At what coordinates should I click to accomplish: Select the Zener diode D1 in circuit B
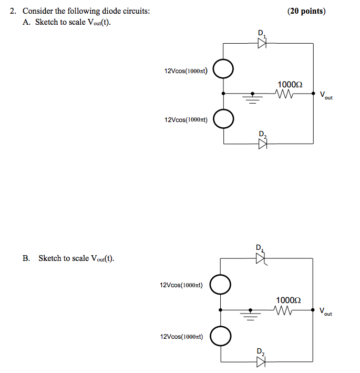[x=260, y=258]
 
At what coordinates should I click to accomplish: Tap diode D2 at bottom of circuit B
[x=261, y=361]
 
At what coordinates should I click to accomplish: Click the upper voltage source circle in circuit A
[x=224, y=68]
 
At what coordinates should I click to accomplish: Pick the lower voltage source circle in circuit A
[x=224, y=119]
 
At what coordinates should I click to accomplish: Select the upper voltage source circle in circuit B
[x=221, y=285]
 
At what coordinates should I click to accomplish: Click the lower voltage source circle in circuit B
[x=221, y=335]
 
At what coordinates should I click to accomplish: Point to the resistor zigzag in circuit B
[x=282, y=310]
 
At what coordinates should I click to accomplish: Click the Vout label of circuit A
[x=326, y=96]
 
